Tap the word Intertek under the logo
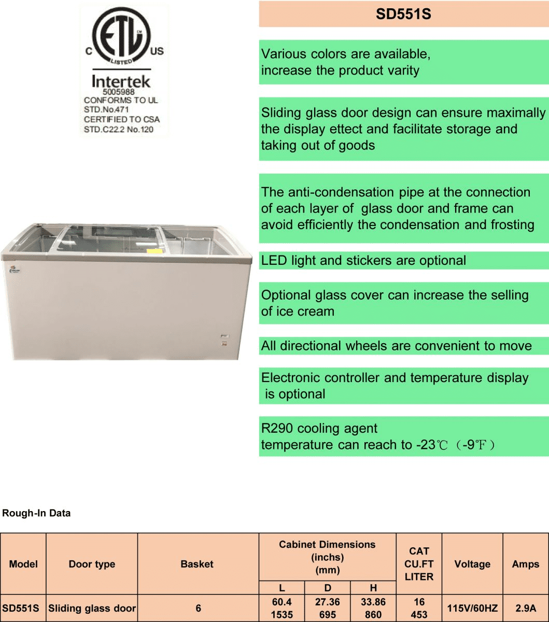click(121, 82)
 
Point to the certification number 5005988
click(119, 92)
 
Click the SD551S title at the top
click(403, 15)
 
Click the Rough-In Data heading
click(36, 514)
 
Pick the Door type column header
click(92, 564)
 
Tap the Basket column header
click(197, 564)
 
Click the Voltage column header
click(472, 564)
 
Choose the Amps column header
click(525, 564)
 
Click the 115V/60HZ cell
click(472, 609)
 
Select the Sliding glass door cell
click(92, 609)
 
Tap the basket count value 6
click(198, 609)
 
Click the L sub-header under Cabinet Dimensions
click(281, 588)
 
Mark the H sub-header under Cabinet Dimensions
click(373, 588)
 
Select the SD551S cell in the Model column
click(21, 609)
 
